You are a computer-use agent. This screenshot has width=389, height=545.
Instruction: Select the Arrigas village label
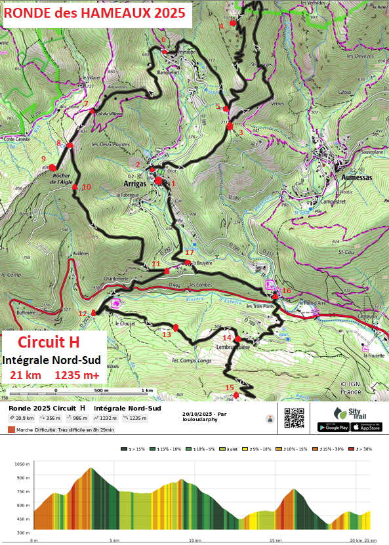[135, 184]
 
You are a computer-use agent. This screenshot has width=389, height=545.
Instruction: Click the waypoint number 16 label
[286, 291]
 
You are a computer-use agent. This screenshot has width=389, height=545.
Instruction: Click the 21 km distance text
[25, 375]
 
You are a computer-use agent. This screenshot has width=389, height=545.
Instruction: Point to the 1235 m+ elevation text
[77, 375]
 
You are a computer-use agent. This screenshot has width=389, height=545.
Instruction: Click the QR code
[295, 418]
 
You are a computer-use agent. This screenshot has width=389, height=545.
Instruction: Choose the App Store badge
[366, 427]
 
